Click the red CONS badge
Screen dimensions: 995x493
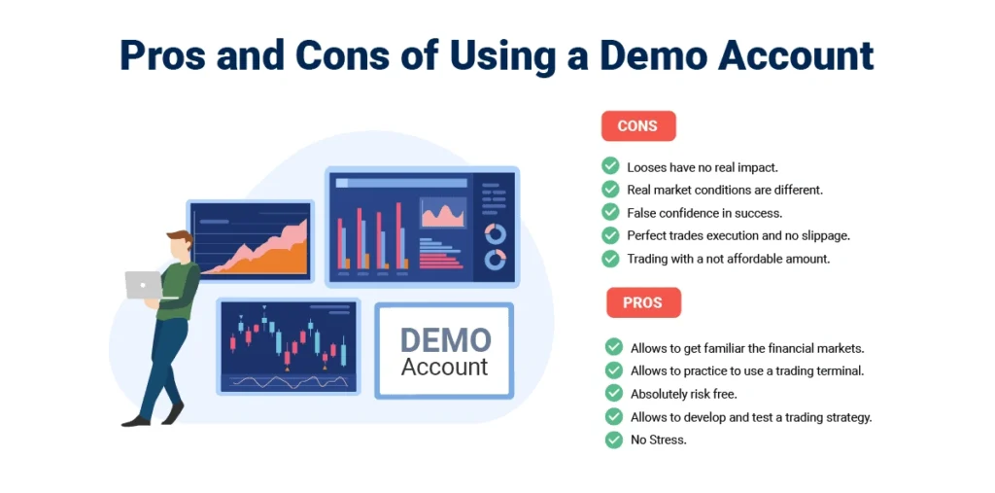click(638, 125)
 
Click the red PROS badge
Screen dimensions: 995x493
click(643, 302)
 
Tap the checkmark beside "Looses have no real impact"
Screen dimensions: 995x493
click(610, 166)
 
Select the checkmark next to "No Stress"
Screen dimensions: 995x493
click(614, 440)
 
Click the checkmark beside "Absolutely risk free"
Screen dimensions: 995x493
click(614, 393)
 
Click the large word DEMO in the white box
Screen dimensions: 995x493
click(446, 340)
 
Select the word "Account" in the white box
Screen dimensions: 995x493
click(445, 367)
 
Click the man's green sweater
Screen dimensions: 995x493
click(179, 289)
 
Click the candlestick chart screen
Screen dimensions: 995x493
click(289, 346)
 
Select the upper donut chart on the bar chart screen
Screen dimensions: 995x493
click(495, 233)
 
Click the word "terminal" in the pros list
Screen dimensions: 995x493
click(841, 370)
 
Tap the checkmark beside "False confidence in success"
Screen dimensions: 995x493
click(610, 212)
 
